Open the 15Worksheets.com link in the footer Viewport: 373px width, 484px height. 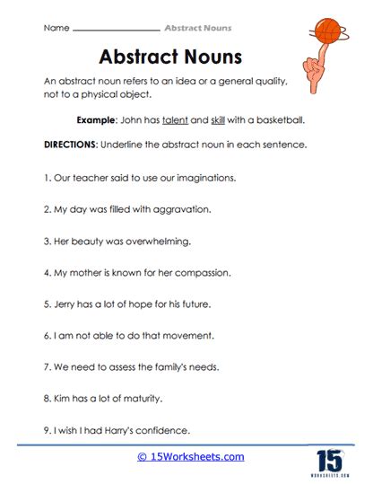tap(190, 457)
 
